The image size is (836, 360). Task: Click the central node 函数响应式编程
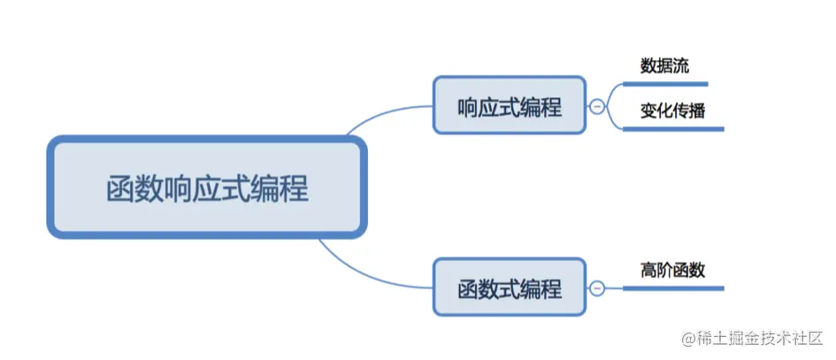[206, 188]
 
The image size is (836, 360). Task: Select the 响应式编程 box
[509, 104]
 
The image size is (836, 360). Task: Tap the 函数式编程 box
[509, 287]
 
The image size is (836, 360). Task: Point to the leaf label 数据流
[664, 66]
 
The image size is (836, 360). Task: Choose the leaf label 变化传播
[672, 112]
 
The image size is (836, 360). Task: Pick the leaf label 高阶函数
[673, 271]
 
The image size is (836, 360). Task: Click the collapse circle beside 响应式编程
[597, 106]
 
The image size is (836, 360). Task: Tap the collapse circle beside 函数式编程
[597, 288]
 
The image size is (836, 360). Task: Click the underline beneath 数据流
[665, 84]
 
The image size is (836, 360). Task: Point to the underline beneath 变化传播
[672, 129]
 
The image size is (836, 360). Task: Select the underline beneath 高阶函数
[672, 288]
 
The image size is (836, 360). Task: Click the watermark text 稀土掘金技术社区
[760, 339]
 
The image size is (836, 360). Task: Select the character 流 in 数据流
[679, 66]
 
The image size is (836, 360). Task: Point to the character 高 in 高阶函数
[649, 271]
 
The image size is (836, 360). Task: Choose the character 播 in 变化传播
[696, 112]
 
